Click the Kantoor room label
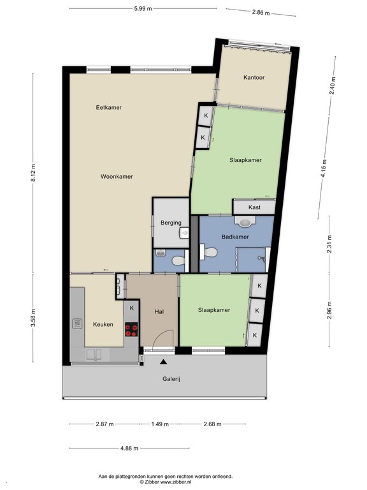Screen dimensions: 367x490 [x=254, y=77]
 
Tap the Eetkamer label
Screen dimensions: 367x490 [x=108, y=107]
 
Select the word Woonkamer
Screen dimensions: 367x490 [x=117, y=177]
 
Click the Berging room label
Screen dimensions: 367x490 [x=171, y=223]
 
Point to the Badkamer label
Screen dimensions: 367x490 [x=235, y=237]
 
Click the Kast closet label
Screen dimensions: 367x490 [x=254, y=207]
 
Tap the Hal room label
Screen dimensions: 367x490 [x=159, y=311]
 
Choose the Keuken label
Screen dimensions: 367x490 [x=103, y=324]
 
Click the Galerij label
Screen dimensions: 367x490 [x=171, y=379]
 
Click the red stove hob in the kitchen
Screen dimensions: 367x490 [x=131, y=329]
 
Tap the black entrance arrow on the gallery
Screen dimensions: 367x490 [x=163, y=362]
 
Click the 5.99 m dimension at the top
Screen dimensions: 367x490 [x=143, y=9]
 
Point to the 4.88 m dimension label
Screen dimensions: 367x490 [x=129, y=448]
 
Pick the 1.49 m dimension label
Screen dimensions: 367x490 [x=160, y=424]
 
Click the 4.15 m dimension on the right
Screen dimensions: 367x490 [x=324, y=168]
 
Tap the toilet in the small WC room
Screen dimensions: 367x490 [x=178, y=260]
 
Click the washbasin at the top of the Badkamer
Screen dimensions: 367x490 [x=245, y=221]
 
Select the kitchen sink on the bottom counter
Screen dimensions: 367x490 [x=94, y=354]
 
